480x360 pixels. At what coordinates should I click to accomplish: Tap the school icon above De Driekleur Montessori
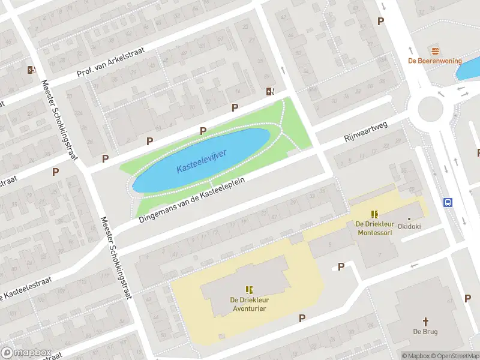[x=374, y=214]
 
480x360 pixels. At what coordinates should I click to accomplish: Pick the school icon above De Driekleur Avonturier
[x=249, y=290]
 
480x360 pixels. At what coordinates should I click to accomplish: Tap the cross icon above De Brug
[x=425, y=321]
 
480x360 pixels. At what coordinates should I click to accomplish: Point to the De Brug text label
[x=425, y=332]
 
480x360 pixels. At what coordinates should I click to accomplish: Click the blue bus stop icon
[x=448, y=202]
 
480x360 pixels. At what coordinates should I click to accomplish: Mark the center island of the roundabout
[x=430, y=109]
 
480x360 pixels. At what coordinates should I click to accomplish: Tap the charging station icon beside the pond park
[x=270, y=92]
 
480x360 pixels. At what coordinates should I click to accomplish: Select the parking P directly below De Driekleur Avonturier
[x=302, y=318]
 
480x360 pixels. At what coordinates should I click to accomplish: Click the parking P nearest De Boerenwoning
[x=380, y=21]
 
